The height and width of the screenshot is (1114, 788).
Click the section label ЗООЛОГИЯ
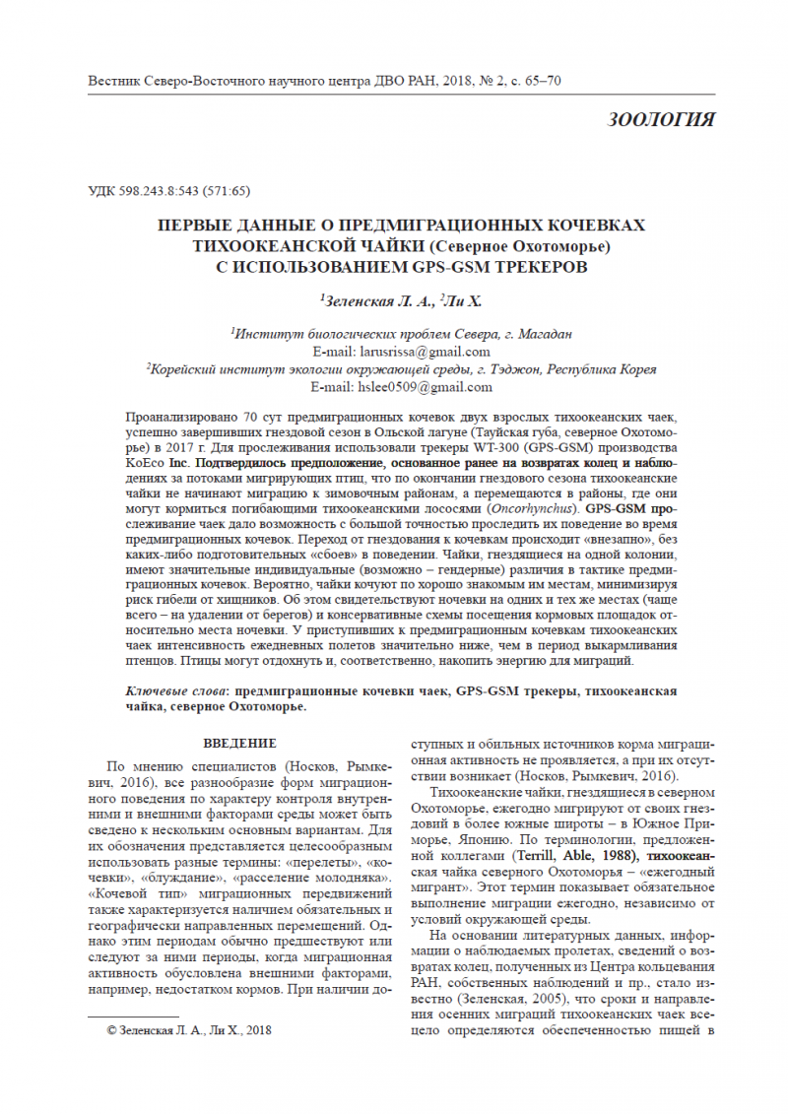pos(661,120)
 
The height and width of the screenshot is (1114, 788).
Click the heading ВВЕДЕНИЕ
pos(239,743)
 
